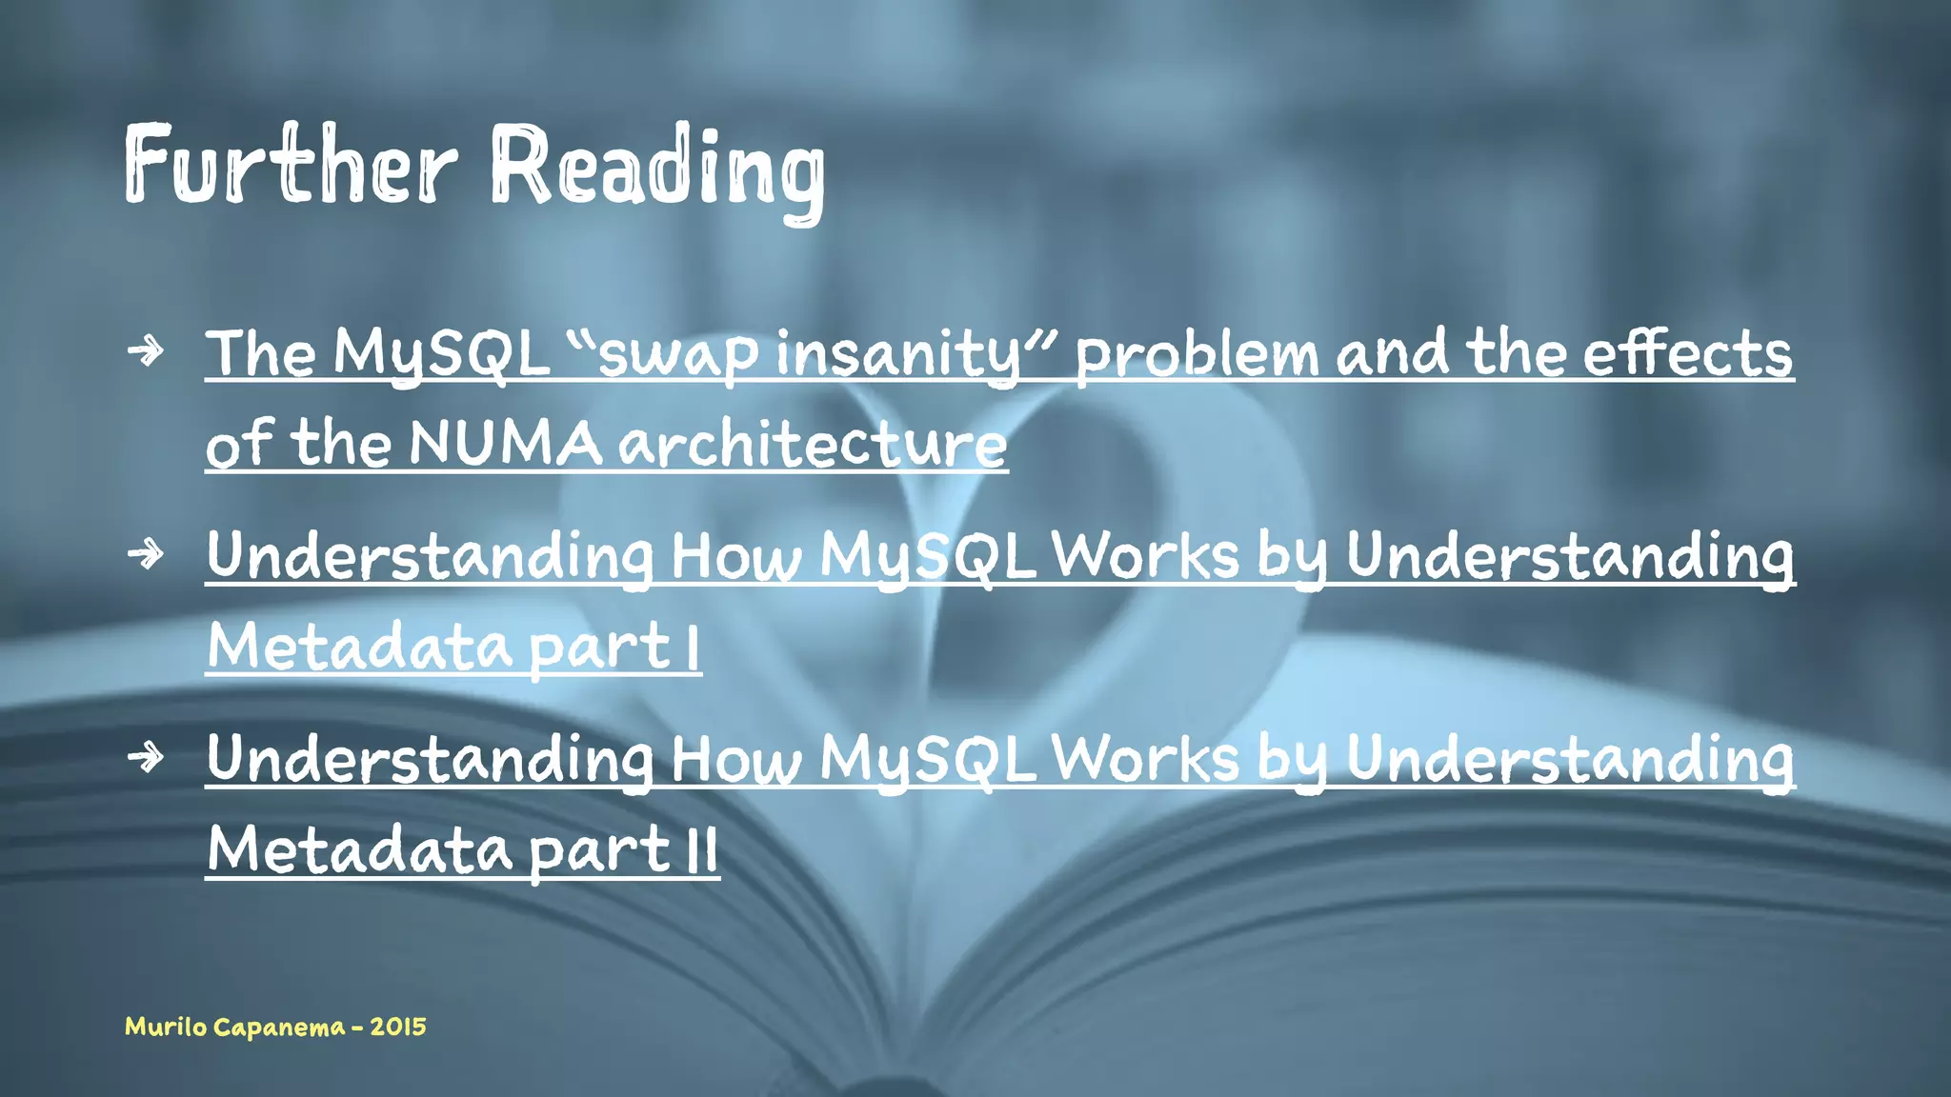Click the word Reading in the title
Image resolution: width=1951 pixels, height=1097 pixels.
pyautogui.click(x=657, y=168)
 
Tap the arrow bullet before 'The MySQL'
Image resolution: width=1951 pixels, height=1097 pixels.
pyautogui.click(x=146, y=351)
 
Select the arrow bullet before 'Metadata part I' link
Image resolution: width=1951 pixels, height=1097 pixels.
pyautogui.click(x=146, y=553)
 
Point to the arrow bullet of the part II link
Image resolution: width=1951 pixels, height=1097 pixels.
pyautogui.click(x=146, y=758)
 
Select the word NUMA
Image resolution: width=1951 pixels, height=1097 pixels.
pyautogui.click(x=505, y=444)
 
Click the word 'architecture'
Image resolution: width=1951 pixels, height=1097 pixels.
pyautogui.click(x=813, y=444)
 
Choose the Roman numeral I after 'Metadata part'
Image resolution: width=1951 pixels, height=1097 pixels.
pyautogui.click(x=693, y=648)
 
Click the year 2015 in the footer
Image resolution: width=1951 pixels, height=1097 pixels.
pyautogui.click(x=398, y=1027)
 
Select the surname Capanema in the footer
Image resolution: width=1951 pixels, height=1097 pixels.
pyautogui.click(x=279, y=1027)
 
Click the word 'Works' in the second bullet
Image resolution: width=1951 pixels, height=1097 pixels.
pyautogui.click(x=1145, y=555)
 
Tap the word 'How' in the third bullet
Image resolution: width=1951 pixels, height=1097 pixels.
pyautogui.click(x=736, y=760)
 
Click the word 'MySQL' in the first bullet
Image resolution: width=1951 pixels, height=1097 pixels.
pyautogui.click(x=441, y=354)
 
